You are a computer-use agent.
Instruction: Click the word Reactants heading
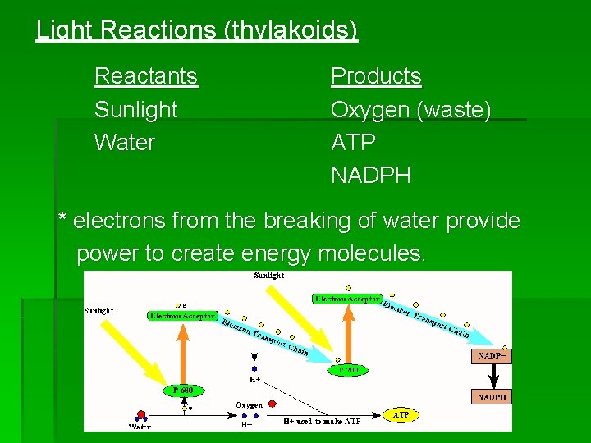[x=146, y=76]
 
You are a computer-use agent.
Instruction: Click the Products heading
[x=376, y=76]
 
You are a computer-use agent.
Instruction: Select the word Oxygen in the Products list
[x=369, y=109]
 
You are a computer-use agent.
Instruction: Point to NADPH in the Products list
[x=370, y=176]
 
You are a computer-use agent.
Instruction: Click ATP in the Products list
[x=353, y=143]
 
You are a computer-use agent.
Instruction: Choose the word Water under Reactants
[x=125, y=143]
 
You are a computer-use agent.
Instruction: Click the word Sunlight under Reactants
[x=135, y=109]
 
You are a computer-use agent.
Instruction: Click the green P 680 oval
[x=183, y=390]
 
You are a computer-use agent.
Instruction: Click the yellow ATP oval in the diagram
[x=401, y=416]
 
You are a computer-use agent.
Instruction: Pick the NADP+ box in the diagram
[x=492, y=357]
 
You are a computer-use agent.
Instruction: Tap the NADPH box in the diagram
[x=492, y=397]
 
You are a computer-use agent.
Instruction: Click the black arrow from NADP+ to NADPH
[x=492, y=377]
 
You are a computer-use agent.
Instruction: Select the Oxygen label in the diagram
[x=249, y=406]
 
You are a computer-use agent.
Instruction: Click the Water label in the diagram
[x=140, y=427]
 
